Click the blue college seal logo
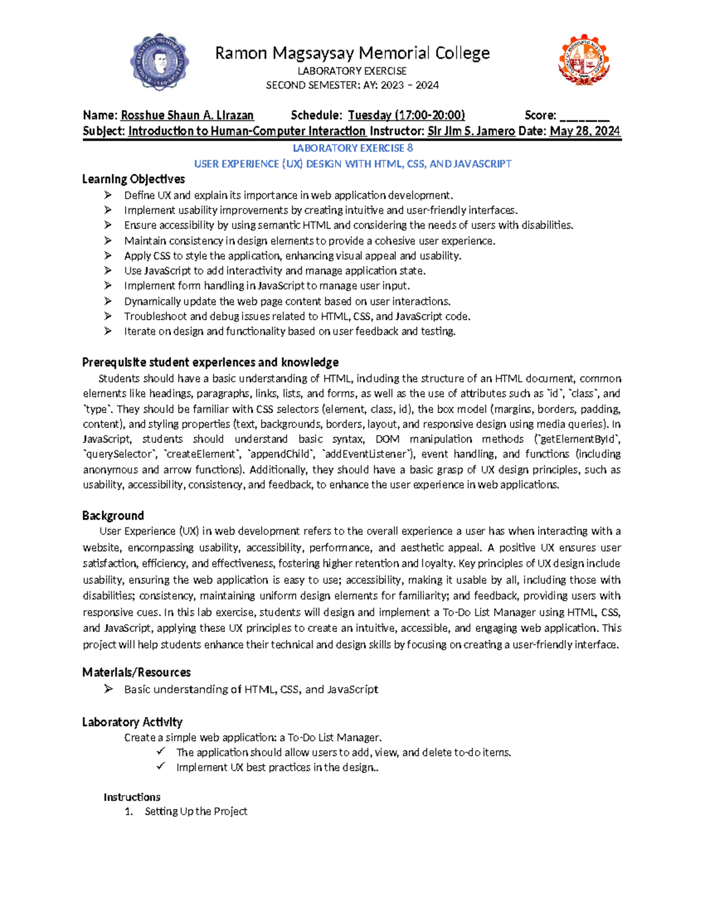159,62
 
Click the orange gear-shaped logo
583,61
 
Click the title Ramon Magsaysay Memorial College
352,53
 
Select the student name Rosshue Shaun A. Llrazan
187,115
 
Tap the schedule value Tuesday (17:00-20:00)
406,115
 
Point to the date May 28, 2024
585,131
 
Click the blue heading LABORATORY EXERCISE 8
352,148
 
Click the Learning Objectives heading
133,179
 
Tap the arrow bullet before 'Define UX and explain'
108,195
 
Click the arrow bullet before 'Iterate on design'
108,331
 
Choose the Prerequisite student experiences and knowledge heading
210,362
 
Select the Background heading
113,516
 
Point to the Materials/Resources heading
136,672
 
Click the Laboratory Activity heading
132,722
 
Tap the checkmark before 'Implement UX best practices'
161,767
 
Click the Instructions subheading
132,797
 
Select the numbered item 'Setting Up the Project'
196,811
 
